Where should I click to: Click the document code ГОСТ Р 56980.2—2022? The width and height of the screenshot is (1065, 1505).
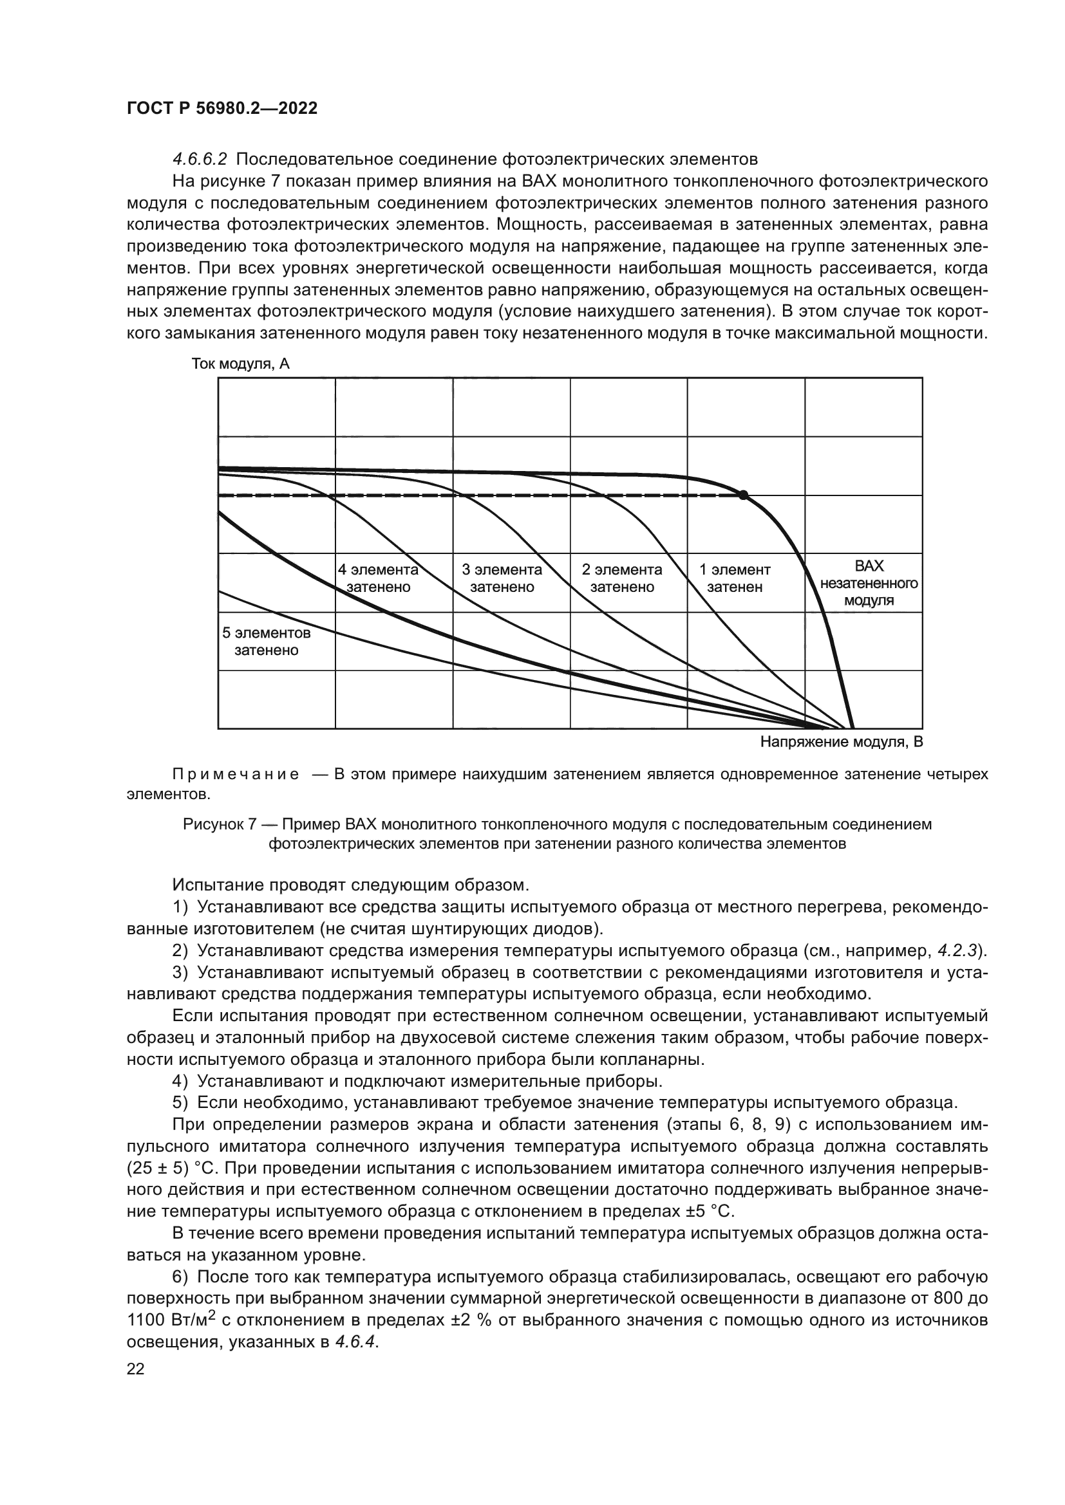pos(221,109)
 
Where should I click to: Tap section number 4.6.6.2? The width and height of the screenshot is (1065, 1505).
pos(200,160)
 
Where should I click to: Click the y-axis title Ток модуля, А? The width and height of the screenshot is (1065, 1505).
pos(240,364)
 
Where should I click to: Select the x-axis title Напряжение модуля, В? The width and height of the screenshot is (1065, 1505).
pos(842,742)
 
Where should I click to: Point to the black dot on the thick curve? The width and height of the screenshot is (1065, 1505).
pos(743,495)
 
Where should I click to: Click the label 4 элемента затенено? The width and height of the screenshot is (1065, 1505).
pos(378,578)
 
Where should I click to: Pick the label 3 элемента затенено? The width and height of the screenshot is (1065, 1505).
pos(502,578)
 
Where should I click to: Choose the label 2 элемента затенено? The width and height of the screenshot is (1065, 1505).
pos(622,578)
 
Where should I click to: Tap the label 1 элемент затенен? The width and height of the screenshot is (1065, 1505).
pos(735,578)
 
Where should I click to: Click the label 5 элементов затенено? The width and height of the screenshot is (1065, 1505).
pos(267,642)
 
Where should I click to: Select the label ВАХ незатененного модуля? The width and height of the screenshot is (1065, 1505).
pos(869,584)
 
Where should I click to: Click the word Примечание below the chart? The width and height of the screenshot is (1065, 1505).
pos(236,775)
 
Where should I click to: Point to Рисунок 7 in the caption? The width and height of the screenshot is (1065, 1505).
pos(219,825)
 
